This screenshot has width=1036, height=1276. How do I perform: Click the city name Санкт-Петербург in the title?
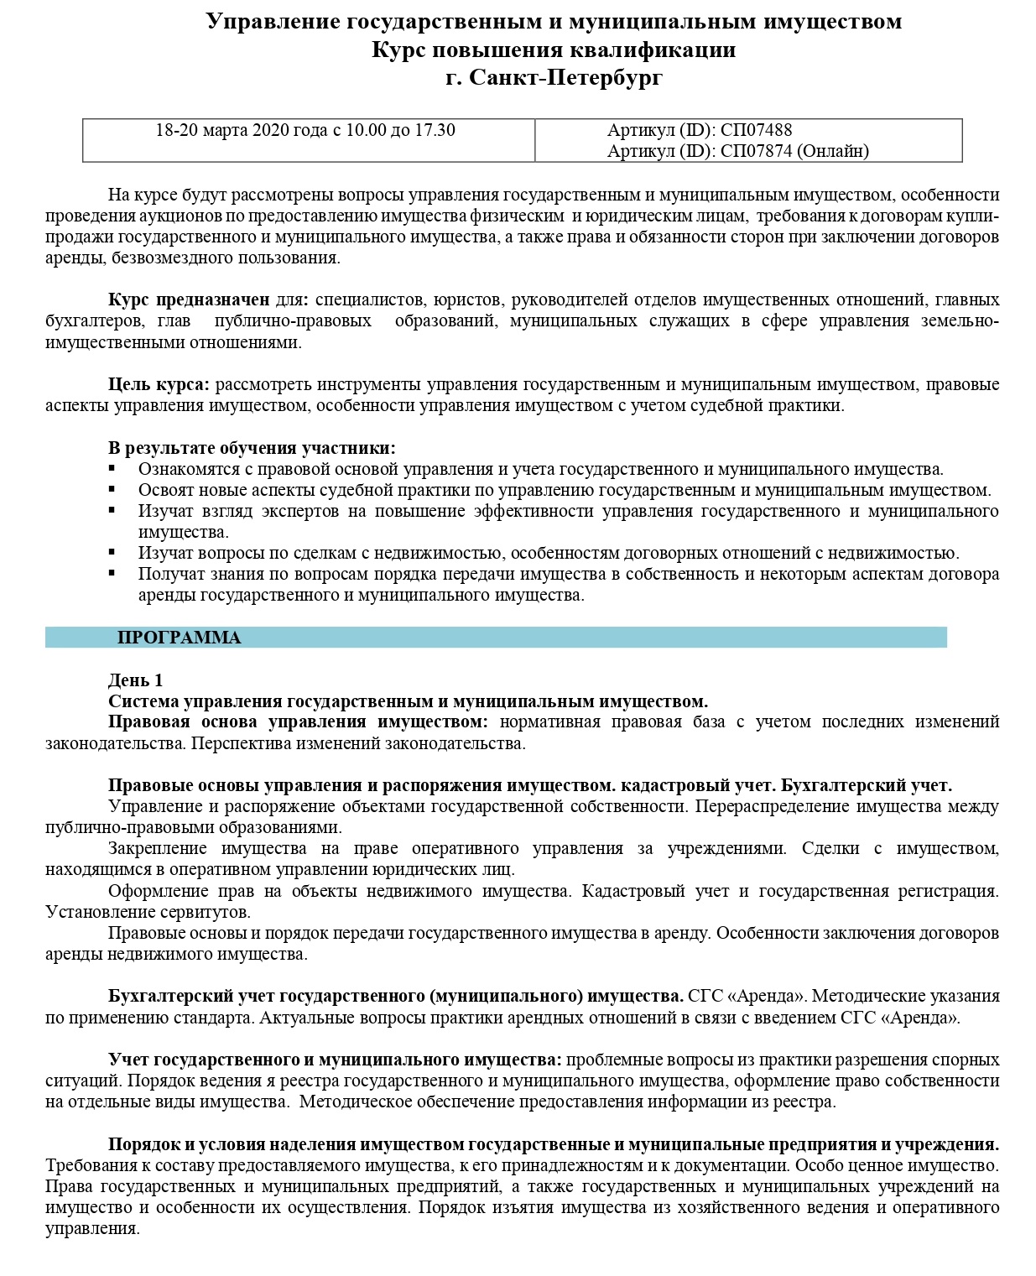point(565,78)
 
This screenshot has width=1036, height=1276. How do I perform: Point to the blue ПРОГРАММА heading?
point(179,638)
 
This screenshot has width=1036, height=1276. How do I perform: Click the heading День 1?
point(136,680)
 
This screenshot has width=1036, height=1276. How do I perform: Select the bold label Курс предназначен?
point(189,299)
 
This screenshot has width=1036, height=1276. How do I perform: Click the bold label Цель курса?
point(159,384)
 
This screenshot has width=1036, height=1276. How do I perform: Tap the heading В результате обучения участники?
point(252,448)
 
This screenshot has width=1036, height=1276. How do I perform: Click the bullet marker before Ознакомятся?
point(112,469)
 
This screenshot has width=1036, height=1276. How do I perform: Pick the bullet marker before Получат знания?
point(112,574)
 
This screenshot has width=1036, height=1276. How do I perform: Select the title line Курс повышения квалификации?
point(554,49)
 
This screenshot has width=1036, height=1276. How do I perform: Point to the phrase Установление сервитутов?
point(148,912)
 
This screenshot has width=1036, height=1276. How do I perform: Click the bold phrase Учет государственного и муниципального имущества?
point(335,1059)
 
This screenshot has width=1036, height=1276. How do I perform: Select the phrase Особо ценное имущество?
point(897,1165)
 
